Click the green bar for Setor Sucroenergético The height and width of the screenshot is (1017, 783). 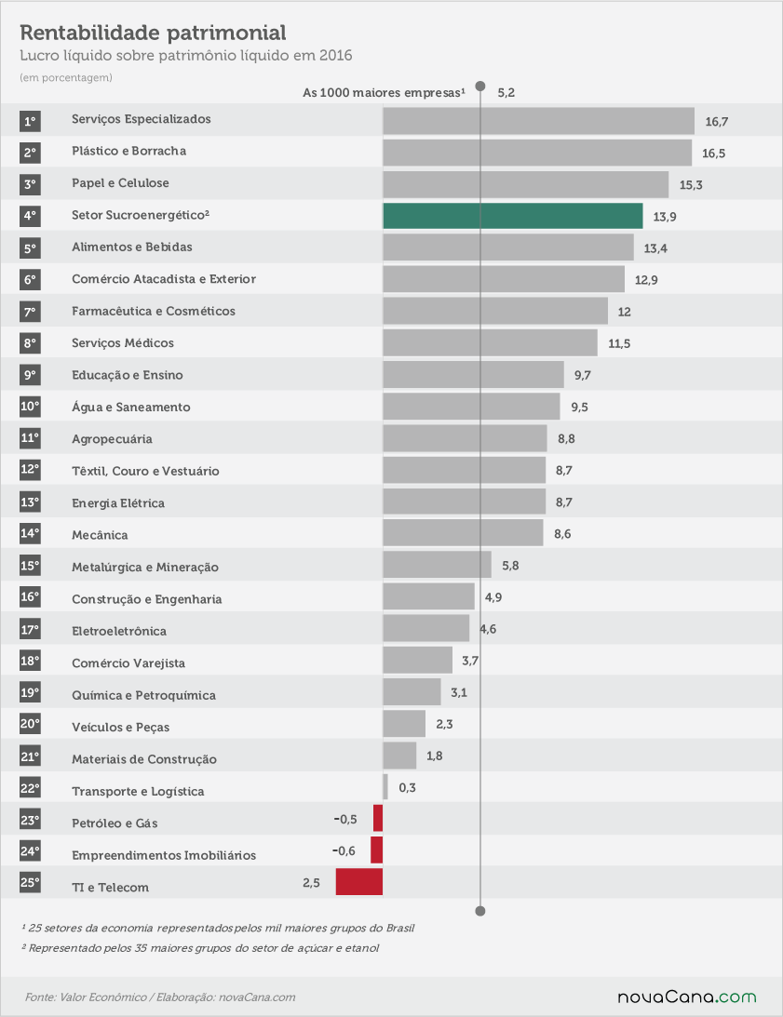(x=513, y=216)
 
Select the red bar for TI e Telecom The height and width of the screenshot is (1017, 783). (x=359, y=882)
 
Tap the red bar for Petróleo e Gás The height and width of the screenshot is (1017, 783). (x=378, y=818)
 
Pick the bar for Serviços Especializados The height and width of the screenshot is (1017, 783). (x=538, y=121)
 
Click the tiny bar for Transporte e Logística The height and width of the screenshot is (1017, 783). (x=385, y=787)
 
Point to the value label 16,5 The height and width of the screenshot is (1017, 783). (x=713, y=154)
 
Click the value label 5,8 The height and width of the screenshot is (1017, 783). (x=510, y=566)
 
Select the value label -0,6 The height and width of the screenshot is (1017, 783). (x=344, y=850)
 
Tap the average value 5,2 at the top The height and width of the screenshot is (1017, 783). (x=506, y=93)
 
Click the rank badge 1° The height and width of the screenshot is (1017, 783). (x=30, y=121)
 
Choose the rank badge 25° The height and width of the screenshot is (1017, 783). (x=30, y=882)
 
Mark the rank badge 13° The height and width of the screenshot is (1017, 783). (x=30, y=502)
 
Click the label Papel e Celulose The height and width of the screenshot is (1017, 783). (x=120, y=183)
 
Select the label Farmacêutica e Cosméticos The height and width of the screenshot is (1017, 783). (x=154, y=311)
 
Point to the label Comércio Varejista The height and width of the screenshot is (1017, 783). (x=128, y=662)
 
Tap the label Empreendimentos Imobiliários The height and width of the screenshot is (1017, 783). (x=164, y=855)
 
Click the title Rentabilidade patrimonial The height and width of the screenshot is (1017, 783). (x=154, y=33)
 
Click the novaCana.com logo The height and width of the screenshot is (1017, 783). (x=687, y=997)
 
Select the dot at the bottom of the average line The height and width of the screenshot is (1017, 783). (x=480, y=911)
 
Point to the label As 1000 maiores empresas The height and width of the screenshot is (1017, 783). (x=384, y=93)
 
